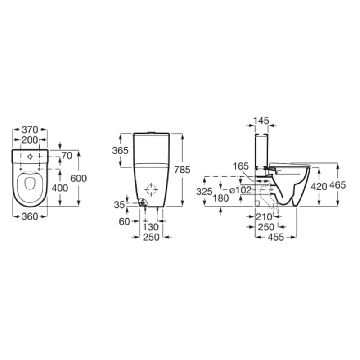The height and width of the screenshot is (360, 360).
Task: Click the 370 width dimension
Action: point(30,130)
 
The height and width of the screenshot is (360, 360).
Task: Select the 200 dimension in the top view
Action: point(30,140)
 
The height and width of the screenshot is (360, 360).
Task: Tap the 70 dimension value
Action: point(67,156)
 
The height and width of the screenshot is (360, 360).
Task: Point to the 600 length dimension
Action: point(78,178)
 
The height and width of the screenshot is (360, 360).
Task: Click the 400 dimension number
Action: point(60,188)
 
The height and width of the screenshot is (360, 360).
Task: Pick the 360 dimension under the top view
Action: point(30,216)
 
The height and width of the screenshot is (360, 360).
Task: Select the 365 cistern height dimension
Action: point(120,151)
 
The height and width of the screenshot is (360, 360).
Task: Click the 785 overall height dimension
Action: point(182,170)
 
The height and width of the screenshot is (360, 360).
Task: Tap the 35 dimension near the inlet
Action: point(119,205)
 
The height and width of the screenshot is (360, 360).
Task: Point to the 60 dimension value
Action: point(125,221)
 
